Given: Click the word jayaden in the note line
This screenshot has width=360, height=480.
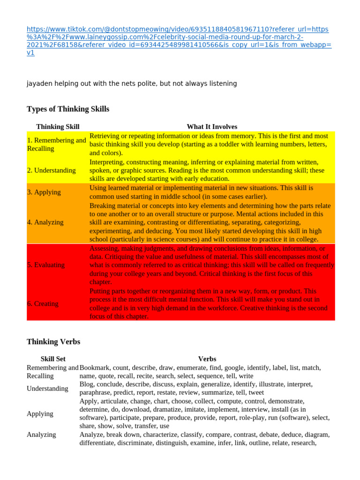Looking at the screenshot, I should tap(39, 84).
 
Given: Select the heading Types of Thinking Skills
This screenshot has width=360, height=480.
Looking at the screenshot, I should tap(68, 109).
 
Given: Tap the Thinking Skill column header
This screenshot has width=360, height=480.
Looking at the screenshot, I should tap(58, 127).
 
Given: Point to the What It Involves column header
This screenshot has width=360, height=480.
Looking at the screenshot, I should tap(212, 127).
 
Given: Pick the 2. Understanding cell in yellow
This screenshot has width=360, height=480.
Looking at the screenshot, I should tap(52, 170).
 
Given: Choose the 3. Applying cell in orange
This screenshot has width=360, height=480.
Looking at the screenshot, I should tap(44, 192).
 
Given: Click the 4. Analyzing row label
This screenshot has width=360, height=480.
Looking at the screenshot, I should tap(45, 222).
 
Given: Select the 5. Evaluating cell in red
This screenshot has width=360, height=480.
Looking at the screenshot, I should tap(46, 265).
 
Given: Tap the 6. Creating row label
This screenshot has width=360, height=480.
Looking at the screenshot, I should tap(43, 304).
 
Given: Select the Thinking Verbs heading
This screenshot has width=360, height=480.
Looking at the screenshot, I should tap(53, 342).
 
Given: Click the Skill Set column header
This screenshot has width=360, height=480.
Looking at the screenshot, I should tap(53, 359).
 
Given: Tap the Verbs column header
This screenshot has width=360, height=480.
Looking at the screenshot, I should tap(207, 359).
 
